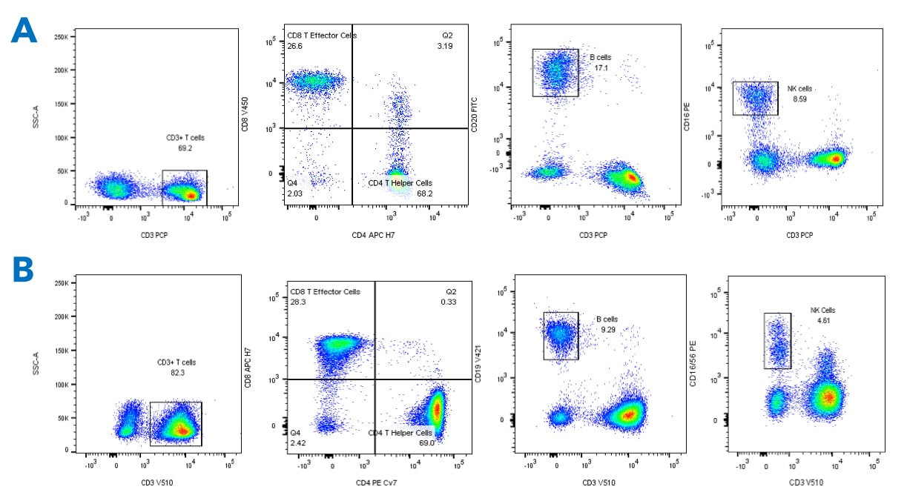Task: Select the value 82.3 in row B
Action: tap(177, 373)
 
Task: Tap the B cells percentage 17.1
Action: tap(601, 68)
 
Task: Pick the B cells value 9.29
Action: tap(607, 330)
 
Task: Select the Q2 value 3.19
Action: tap(444, 47)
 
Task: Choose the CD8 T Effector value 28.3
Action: tap(297, 302)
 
